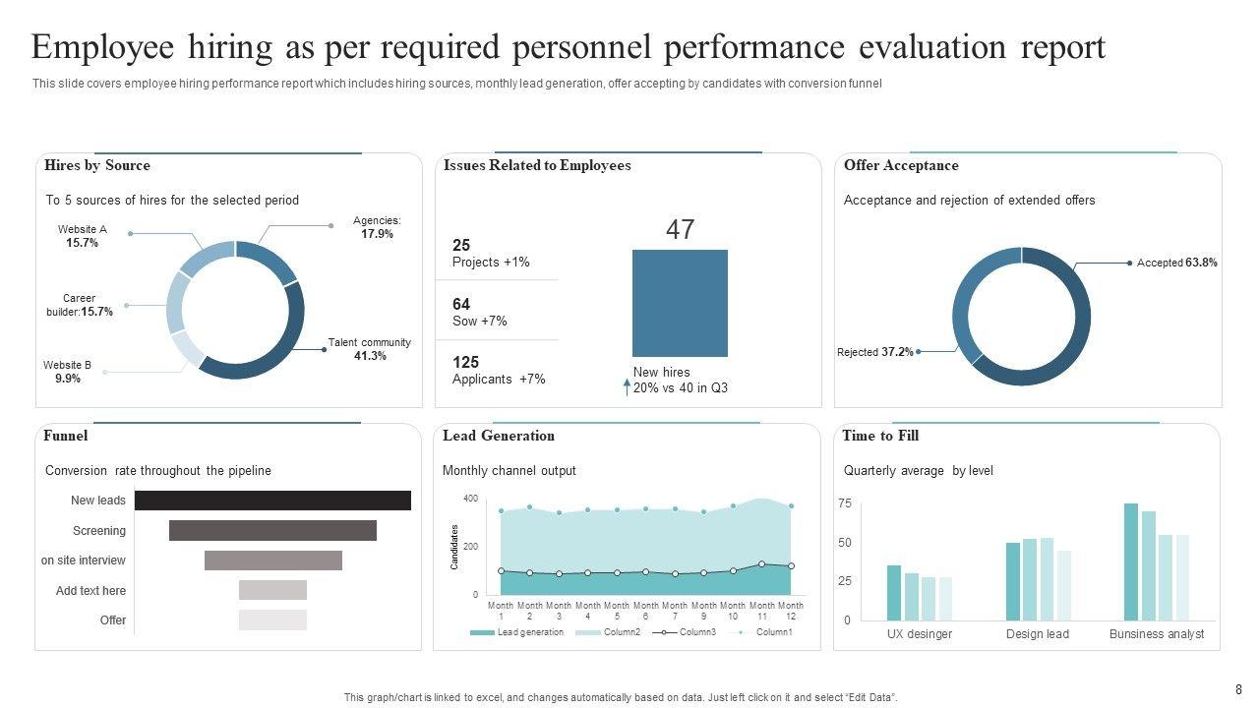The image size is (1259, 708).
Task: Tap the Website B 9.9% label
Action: (x=67, y=372)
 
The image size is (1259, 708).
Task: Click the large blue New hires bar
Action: (x=680, y=303)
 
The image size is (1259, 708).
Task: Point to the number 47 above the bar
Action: (x=680, y=230)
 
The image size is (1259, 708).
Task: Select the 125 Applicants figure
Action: (x=498, y=371)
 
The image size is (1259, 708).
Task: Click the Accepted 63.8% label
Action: (x=1176, y=263)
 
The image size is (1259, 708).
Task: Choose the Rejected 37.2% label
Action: (x=874, y=351)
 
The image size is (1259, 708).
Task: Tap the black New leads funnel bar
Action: (x=272, y=501)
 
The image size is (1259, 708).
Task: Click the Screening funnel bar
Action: (x=272, y=531)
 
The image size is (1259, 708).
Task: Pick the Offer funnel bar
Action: (x=272, y=620)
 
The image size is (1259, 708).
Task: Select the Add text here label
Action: (x=90, y=591)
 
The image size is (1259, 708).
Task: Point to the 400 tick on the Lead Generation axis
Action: (x=470, y=500)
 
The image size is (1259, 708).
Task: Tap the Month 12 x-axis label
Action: (x=791, y=611)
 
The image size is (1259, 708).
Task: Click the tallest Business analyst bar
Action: (x=1130, y=561)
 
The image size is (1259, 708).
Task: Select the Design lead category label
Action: (x=1037, y=634)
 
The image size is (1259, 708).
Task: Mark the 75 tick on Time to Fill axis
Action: (x=845, y=503)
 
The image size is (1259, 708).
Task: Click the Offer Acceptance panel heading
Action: (x=901, y=166)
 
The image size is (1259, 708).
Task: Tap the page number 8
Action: (x=1238, y=690)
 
